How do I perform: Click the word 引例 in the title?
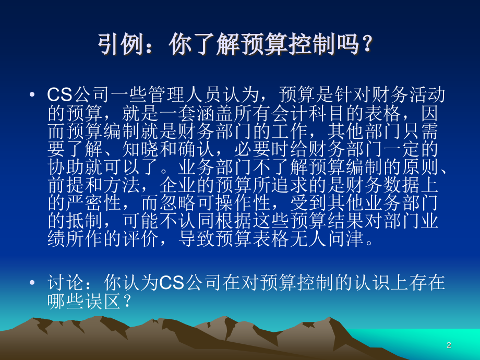click(116, 45)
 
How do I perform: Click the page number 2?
click(449, 345)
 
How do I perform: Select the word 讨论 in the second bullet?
click(65, 283)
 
